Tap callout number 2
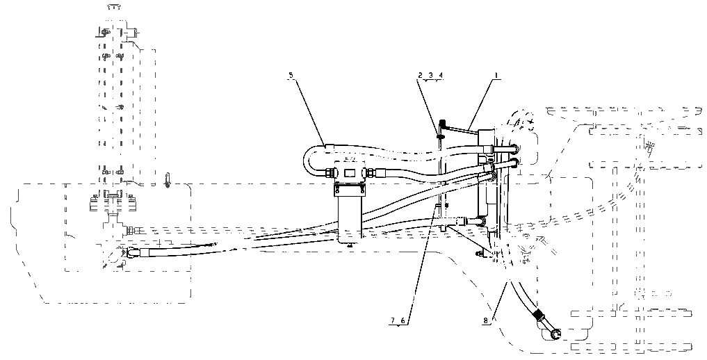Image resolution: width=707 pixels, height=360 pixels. point(420,76)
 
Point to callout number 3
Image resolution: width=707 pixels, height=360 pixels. point(430,76)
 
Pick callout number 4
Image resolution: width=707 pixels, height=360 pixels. point(441,76)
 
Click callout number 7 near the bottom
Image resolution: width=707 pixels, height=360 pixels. point(393,320)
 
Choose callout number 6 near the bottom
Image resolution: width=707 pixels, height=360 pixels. point(403,320)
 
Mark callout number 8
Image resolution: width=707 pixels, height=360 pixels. point(485,320)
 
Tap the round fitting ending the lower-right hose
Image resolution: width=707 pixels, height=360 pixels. point(555,334)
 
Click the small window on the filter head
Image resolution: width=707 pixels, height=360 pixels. point(350,172)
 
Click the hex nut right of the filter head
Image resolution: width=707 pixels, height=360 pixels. point(370,172)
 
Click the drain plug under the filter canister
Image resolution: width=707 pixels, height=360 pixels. point(349,245)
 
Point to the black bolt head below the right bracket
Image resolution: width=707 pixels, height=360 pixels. point(479,255)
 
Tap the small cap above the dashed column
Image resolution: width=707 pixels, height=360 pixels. point(114,7)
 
